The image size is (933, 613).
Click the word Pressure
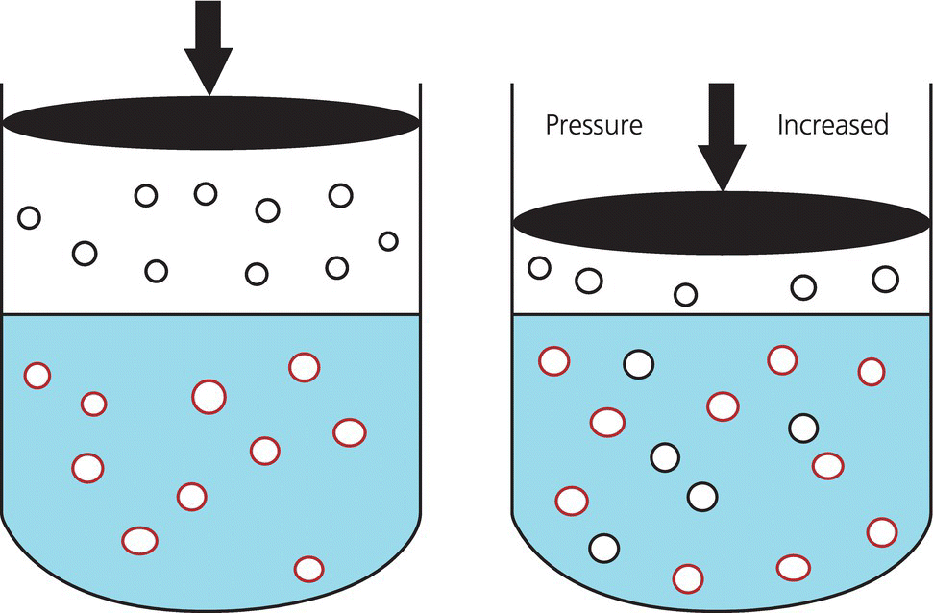point(593,126)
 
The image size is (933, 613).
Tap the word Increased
point(832,126)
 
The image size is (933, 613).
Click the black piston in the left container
point(211,122)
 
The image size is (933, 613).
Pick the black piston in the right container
point(722,223)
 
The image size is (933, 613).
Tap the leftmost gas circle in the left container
point(29,217)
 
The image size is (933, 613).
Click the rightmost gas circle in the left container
point(388,241)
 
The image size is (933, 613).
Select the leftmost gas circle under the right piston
point(540,268)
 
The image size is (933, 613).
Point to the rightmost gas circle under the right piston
point(885,279)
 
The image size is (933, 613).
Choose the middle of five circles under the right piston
point(685,294)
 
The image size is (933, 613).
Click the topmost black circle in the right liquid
point(638,364)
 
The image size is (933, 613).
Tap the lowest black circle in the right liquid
point(604,548)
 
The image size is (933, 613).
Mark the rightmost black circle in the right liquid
point(803,429)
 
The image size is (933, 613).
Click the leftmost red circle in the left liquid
point(37,375)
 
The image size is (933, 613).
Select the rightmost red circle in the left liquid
point(349,432)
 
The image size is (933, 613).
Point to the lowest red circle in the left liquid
point(308,569)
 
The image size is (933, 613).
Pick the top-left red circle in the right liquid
point(553,361)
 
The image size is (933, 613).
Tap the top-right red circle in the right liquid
point(872,371)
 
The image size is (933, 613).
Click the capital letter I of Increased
point(780,126)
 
